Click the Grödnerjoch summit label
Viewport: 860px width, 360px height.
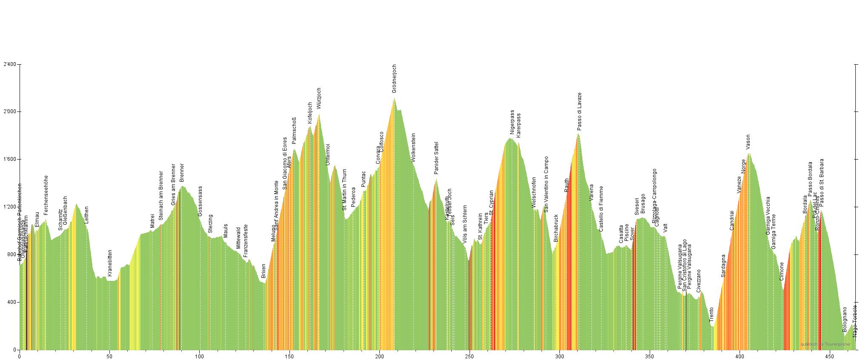[394, 79]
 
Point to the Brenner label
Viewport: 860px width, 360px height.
[182, 173]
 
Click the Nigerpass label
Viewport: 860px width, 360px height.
[512, 123]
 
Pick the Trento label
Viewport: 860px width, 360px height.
[711, 314]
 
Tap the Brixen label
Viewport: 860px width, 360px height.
[264, 271]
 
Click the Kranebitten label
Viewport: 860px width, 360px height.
[110, 263]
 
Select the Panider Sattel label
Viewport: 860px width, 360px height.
[436, 158]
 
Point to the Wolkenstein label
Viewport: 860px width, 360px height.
[413, 147]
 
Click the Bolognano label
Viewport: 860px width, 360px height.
[845, 320]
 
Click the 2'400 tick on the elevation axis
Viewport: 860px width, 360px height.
[9, 65]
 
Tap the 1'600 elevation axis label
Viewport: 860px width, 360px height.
[9, 160]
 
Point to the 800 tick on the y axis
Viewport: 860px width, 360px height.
[11, 255]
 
